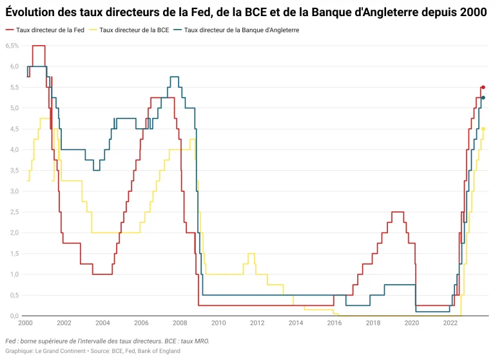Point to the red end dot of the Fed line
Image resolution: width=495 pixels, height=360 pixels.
click(483, 87)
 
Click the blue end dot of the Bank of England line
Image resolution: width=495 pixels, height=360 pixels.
click(483, 98)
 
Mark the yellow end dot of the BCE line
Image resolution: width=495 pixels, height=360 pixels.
click(483, 129)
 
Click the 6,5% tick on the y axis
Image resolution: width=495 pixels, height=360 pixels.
click(12, 46)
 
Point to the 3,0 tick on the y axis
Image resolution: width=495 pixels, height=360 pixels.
click(14, 191)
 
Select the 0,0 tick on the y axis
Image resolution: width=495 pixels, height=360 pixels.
click(14, 316)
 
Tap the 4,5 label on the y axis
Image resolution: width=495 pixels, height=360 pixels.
click(14, 129)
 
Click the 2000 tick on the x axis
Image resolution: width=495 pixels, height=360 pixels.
click(26, 323)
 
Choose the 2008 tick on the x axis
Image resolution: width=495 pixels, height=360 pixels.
click(180, 323)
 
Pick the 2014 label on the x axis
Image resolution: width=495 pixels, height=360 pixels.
click(295, 323)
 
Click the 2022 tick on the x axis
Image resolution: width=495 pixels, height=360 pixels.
click(449, 323)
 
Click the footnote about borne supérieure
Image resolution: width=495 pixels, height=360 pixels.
click(107, 341)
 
